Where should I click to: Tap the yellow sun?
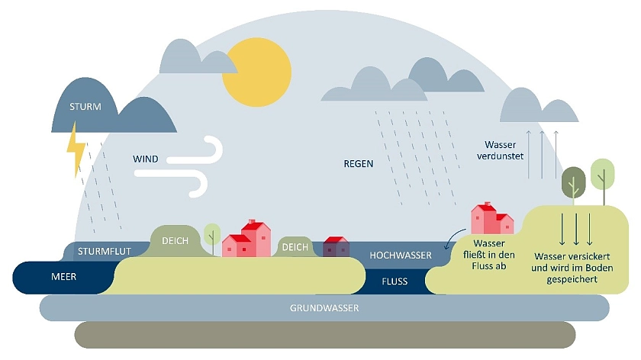[257, 72]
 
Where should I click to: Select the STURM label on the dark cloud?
[85, 106]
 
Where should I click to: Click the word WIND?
[146, 159]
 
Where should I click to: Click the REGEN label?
[359, 163]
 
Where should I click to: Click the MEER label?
[63, 276]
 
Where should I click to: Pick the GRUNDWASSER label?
[324, 308]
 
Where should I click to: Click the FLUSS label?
[395, 281]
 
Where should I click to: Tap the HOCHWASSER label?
[401, 255]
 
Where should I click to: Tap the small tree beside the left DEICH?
[212, 235]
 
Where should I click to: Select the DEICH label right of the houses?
[295, 246]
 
